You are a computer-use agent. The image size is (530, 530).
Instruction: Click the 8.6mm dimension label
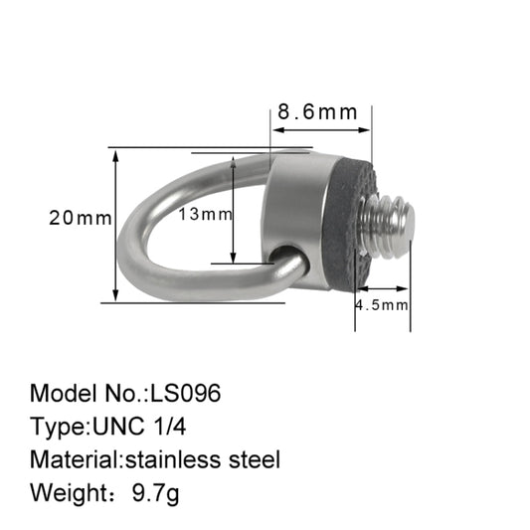[317, 112]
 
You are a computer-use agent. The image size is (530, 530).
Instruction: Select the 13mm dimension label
[206, 214]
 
